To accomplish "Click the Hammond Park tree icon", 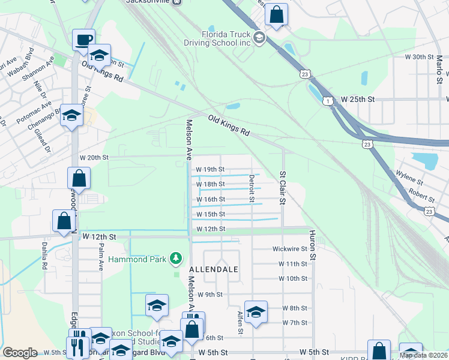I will point(176,258).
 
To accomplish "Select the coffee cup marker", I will point(83,40).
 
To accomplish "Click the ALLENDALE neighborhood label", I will point(214,270).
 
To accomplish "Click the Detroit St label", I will point(252,188).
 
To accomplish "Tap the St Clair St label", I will point(282,187).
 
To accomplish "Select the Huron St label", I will point(312,244).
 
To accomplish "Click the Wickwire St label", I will point(289,248).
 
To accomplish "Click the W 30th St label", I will point(419,56).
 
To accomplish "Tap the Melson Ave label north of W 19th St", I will point(187,139).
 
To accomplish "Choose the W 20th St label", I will point(93,157).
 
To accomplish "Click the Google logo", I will point(20,353).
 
